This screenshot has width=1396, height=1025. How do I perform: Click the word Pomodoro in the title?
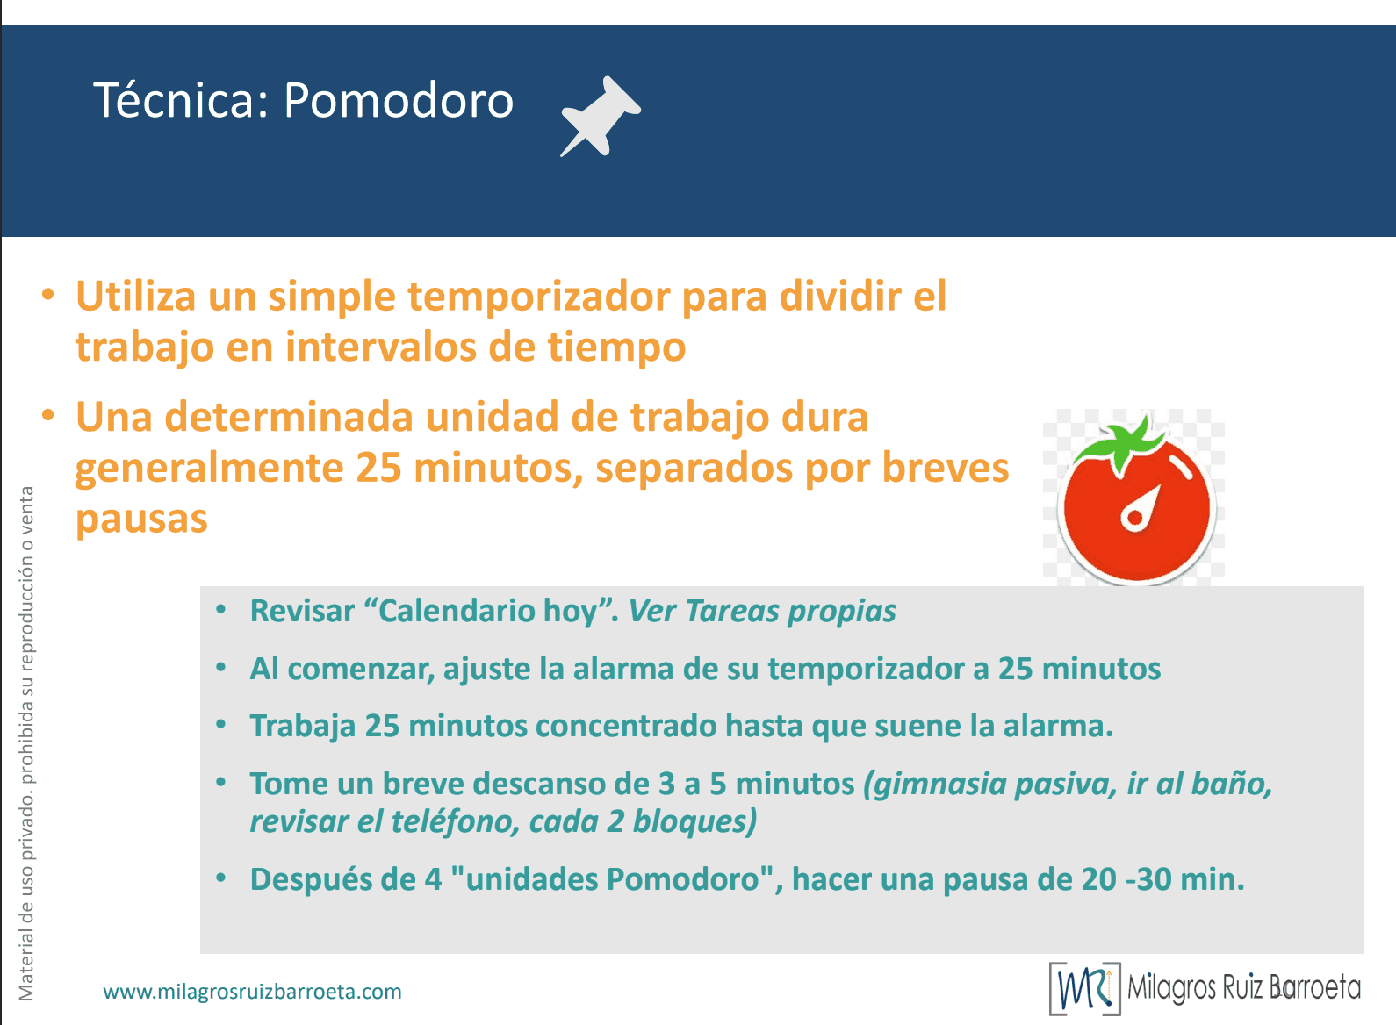click(399, 101)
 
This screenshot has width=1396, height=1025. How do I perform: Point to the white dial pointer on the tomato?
click(1141, 509)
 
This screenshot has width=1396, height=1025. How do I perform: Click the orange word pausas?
click(141, 519)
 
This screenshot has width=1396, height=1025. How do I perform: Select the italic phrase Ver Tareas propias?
click(762, 611)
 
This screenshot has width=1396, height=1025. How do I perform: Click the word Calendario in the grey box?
click(457, 611)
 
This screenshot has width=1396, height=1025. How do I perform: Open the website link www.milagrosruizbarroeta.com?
click(253, 992)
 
